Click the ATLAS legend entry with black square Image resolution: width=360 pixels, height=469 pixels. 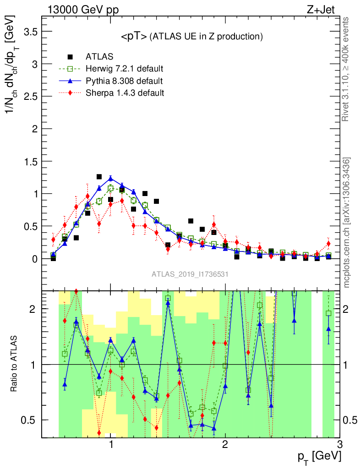pos(100,57)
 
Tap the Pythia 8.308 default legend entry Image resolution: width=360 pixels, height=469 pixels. pos(124,81)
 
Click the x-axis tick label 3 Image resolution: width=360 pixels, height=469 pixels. pos(339,444)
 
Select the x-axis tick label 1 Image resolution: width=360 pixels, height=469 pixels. pos(111,444)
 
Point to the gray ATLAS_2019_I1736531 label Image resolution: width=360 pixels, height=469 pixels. pos(190,274)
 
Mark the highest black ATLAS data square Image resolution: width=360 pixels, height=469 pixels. pos(99,177)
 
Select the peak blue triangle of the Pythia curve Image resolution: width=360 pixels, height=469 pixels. pos(110,179)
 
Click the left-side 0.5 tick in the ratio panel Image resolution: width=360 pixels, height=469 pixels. pos(31,420)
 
